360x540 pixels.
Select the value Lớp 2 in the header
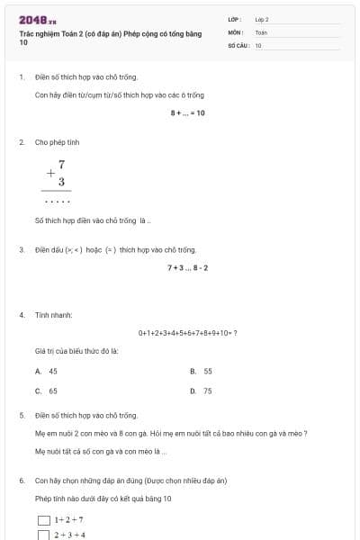[262, 19]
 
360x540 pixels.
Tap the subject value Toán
[261, 31]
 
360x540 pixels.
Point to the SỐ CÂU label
[237, 44]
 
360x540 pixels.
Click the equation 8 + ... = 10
[187, 112]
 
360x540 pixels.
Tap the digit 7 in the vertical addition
[61, 165]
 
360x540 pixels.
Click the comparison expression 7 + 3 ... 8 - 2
[187, 267]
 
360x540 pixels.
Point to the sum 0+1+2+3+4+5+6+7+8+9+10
[187, 332]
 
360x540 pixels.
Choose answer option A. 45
[47, 371]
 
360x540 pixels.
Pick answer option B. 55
[201, 371]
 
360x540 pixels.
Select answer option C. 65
[47, 391]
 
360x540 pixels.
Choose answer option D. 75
[201, 391]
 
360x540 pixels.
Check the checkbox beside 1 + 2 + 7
[43, 520]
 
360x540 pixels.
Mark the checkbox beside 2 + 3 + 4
[43, 535]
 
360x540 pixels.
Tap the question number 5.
[22, 416]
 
